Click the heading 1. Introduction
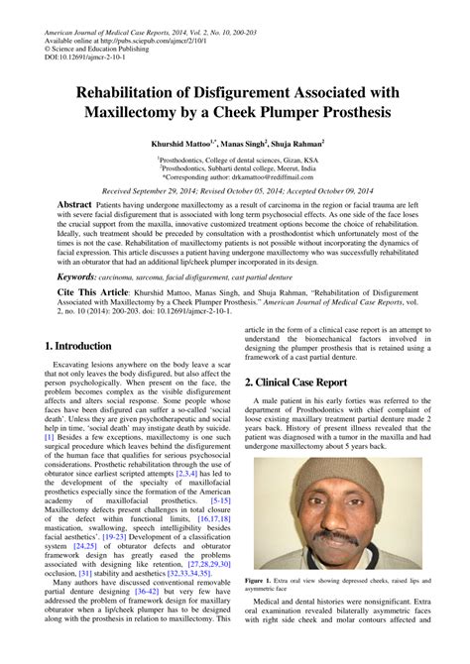(x=78, y=346)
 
